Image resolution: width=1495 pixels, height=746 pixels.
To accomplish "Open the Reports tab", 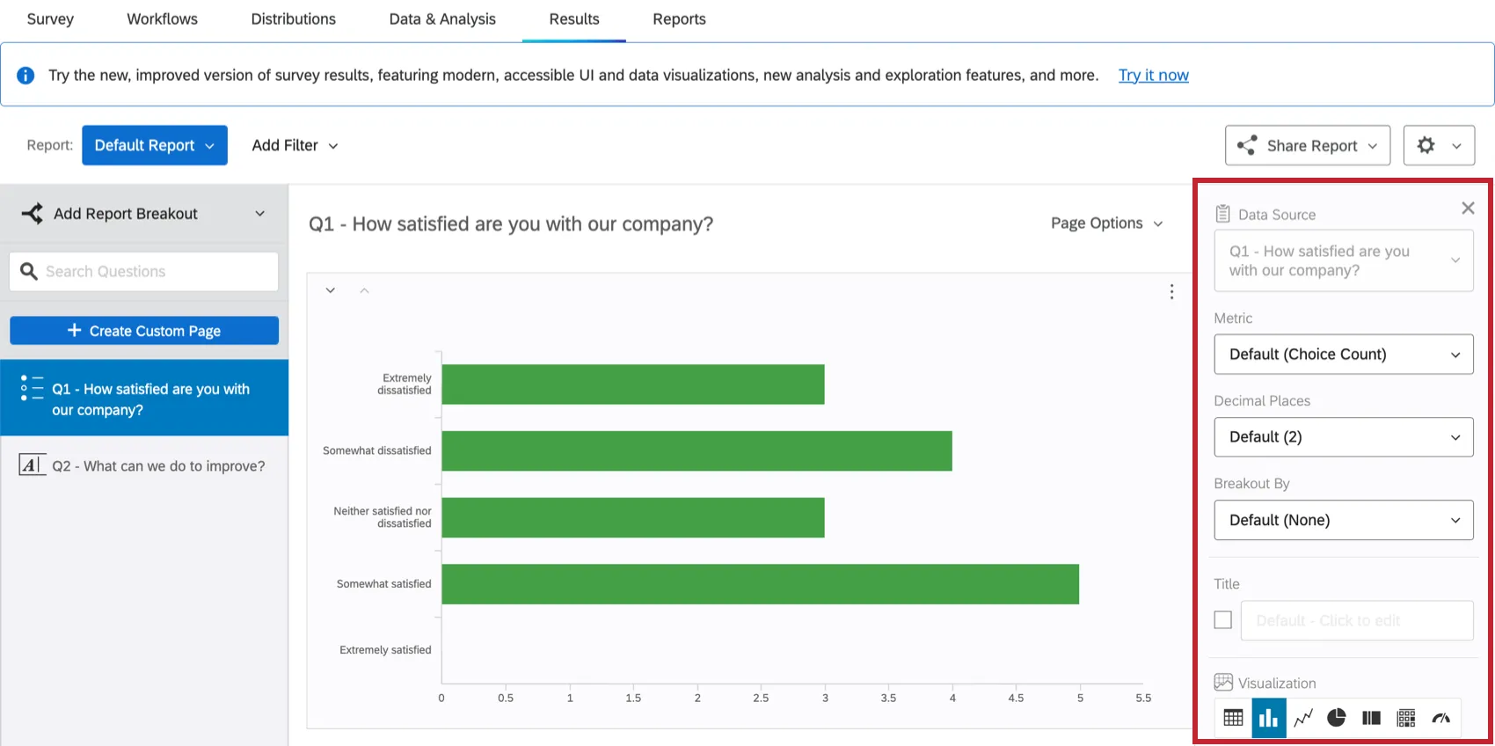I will (679, 19).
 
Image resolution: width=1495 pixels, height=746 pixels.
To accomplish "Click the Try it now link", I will (1153, 76).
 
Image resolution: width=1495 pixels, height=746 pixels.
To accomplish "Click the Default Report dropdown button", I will (155, 145).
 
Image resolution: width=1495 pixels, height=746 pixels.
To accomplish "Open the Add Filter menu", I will (295, 146).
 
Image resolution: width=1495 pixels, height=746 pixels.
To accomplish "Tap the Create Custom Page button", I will (144, 331).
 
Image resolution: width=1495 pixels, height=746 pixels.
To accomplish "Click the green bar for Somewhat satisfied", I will (760, 584).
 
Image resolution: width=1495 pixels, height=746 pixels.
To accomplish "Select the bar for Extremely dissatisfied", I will (633, 384).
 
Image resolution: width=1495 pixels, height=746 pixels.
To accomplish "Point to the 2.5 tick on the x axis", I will (761, 698).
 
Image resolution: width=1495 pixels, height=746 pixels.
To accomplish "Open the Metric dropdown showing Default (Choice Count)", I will (1343, 355).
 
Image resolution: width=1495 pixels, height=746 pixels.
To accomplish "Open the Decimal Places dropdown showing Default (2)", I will (1343, 437).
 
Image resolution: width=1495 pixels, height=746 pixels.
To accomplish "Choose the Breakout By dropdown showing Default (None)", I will (1343, 520).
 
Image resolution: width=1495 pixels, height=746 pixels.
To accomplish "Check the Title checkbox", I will (1222, 620).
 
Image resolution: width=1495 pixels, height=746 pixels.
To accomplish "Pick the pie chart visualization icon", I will (1337, 718).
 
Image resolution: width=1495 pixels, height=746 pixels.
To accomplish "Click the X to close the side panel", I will (1468, 208).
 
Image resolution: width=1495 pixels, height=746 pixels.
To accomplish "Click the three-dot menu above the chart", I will (1171, 292).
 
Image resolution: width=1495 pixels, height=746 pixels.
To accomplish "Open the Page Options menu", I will (1106, 223).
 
